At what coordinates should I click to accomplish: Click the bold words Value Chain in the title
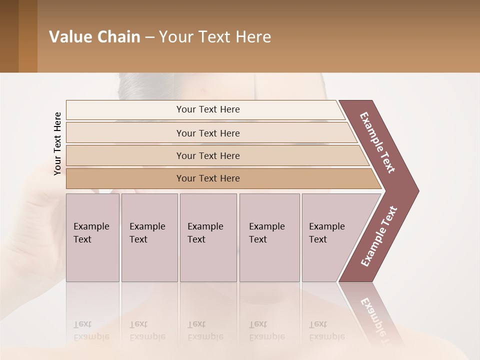tap(94, 37)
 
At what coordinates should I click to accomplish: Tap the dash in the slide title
tap(149, 37)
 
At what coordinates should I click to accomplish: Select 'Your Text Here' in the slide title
tap(215, 37)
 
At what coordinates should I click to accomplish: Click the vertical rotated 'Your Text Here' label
tap(57, 144)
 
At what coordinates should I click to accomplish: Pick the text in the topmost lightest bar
tap(208, 109)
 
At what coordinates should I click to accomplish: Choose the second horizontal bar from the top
tap(208, 133)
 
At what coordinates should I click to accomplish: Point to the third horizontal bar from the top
tap(208, 155)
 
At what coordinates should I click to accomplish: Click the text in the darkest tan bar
tap(208, 178)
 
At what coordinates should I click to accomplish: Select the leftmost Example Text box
tap(92, 237)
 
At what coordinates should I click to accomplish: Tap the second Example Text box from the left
tap(149, 237)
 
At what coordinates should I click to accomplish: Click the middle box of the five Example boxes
tap(208, 237)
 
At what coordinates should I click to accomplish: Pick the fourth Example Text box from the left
tap(269, 237)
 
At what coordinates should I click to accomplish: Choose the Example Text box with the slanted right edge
tap(330, 237)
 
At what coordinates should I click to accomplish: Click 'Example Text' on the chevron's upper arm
tap(377, 142)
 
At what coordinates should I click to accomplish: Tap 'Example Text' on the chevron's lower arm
tap(378, 236)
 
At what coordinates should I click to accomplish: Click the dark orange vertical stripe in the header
tap(27, 36)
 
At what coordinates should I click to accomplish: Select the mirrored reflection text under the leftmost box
tap(91, 331)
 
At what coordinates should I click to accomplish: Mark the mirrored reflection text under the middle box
tap(205, 331)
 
